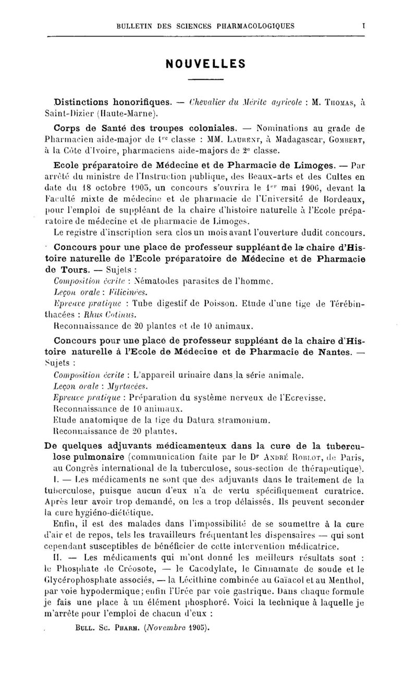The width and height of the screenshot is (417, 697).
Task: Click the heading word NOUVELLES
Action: (x=205, y=64)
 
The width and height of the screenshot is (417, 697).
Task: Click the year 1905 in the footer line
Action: (x=194, y=628)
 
